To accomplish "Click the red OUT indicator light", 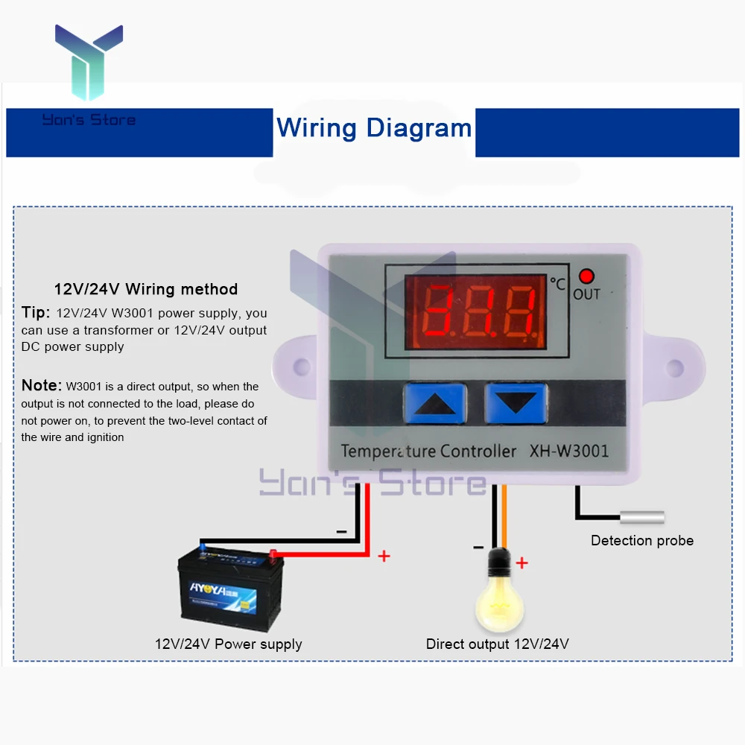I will click(586, 276).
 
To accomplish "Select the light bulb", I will click(501, 593).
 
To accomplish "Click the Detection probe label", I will click(641, 541).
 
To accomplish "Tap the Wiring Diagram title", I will click(374, 128).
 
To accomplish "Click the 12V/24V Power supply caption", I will click(228, 644).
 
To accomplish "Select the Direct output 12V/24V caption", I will click(497, 644).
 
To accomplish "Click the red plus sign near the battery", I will click(384, 556).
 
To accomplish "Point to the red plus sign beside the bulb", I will click(521, 563).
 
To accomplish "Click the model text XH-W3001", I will click(568, 451).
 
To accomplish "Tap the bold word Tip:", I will click(36, 312).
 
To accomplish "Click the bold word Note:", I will click(41, 385).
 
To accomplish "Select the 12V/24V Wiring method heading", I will click(146, 289).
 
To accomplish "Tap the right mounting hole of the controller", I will click(674, 367).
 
